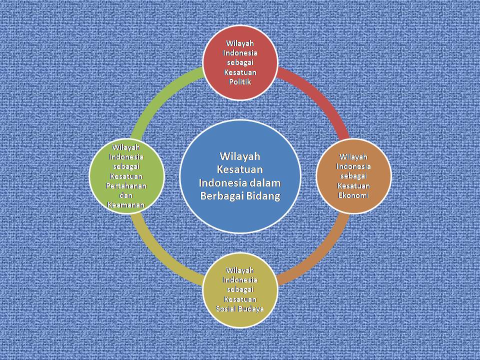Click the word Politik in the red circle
239,82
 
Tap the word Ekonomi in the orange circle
353,195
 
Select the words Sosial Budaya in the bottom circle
239,308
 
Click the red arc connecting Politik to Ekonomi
320,95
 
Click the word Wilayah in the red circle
239,43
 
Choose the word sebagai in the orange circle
353,176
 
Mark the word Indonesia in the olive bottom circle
239,279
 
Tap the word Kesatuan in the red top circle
239,72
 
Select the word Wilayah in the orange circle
353,157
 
